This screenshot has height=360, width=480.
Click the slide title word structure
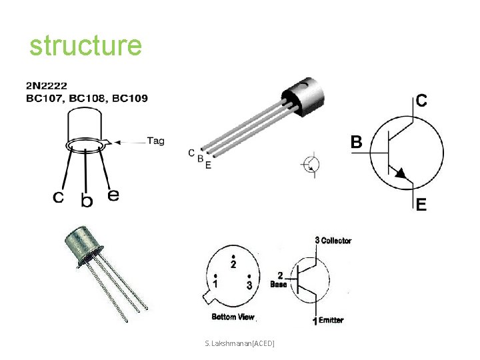85,46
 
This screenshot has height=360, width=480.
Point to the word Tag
155,141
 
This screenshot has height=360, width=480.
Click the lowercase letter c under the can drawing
59,197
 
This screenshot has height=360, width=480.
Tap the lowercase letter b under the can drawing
87,199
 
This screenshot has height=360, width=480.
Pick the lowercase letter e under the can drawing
113,195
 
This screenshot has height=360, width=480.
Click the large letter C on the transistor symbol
422,101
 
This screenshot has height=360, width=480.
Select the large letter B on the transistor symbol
357,142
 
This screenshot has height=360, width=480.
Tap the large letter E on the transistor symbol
421,206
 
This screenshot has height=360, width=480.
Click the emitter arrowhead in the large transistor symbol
401,173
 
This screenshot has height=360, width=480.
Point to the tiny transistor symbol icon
311,164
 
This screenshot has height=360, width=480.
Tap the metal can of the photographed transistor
83,244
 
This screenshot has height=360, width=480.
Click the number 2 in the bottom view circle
233,265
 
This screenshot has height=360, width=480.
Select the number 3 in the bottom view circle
249,285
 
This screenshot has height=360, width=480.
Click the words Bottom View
233,317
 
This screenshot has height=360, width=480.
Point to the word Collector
336,241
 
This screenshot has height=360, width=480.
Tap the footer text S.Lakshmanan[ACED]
240,343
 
